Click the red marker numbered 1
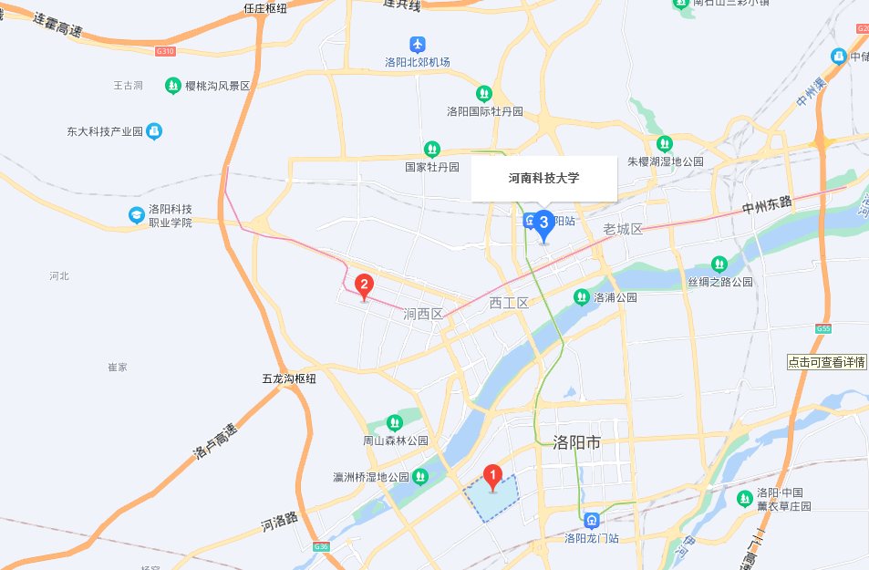(x=492, y=475)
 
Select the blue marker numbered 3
(x=544, y=223)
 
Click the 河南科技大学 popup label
(x=543, y=178)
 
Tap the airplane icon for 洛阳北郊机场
(x=418, y=45)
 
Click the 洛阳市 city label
(x=576, y=442)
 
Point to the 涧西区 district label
(x=422, y=314)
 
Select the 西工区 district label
(x=509, y=302)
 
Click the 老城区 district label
(x=623, y=228)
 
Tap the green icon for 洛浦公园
(x=581, y=296)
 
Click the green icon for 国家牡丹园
(x=431, y=149)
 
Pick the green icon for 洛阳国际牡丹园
(x=484, y=93)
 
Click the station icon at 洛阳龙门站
(x=592, y=521)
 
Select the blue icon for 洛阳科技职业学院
(x=136, y=214)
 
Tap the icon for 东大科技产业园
(x=153, y=131)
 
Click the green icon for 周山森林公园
(x=394, y=423)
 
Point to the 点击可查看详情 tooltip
(x=827, y=361)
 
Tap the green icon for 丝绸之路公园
(x=719, y=264)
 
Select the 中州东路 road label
(x=769, y=207)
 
